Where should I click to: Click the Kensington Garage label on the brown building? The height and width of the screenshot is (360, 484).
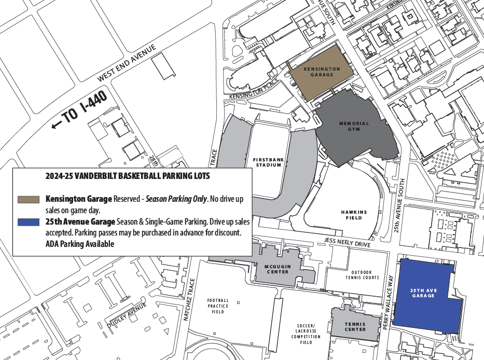(x=322, y=72)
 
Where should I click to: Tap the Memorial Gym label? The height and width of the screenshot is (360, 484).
(x=354, y=126)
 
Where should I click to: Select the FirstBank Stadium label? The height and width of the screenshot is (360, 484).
(x=267, y=162)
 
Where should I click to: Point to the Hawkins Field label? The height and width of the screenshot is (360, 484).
(x=354, y=215)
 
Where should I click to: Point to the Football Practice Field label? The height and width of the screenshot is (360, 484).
(x=218, y=306)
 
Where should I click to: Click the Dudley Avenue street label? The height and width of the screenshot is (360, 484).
(x=127, y=315)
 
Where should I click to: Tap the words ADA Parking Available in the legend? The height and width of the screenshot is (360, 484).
(x=79, y=244)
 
